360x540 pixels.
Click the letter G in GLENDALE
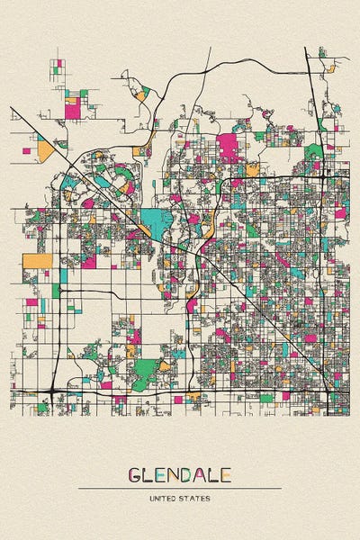click(x=135, y=473)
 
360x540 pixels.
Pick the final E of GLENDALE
click(x=226, y=473)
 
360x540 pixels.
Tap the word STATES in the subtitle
click(x=196, y=497)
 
